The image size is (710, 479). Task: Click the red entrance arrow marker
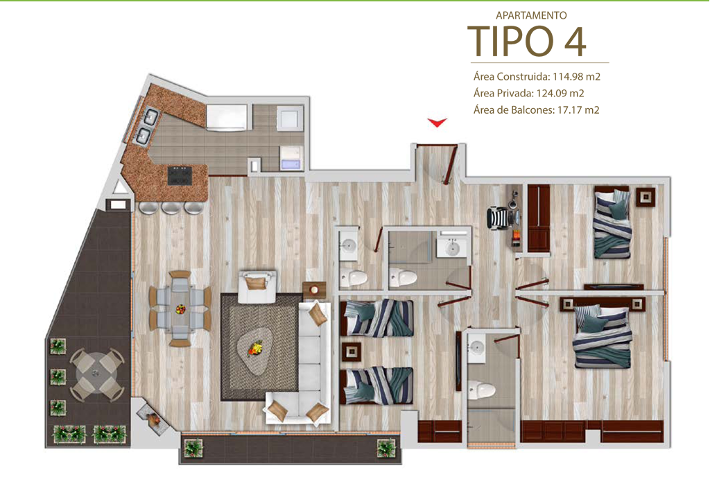pyautogui.click(x=438, y=122)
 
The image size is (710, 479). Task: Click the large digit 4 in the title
pyautogui.click(x=575, y=42)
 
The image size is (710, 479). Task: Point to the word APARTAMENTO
pyautogui.click(x=531, y=15)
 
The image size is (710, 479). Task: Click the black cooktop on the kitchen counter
pyautogui.click(x=180, y=175)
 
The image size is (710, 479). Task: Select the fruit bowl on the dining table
pyautogui.click(x=181, y=310)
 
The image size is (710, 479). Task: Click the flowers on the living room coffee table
pyautogui.click(x=255, y=348)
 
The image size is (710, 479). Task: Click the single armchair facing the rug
pyautogui.click(x=257, y=286)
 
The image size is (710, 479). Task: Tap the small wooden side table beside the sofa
pyautogui.click(x=314, y=290)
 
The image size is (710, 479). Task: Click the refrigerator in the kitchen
pyautogui.click(x=227, y=117)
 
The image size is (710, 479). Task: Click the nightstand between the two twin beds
pyautogui.click(x=352, y=351)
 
